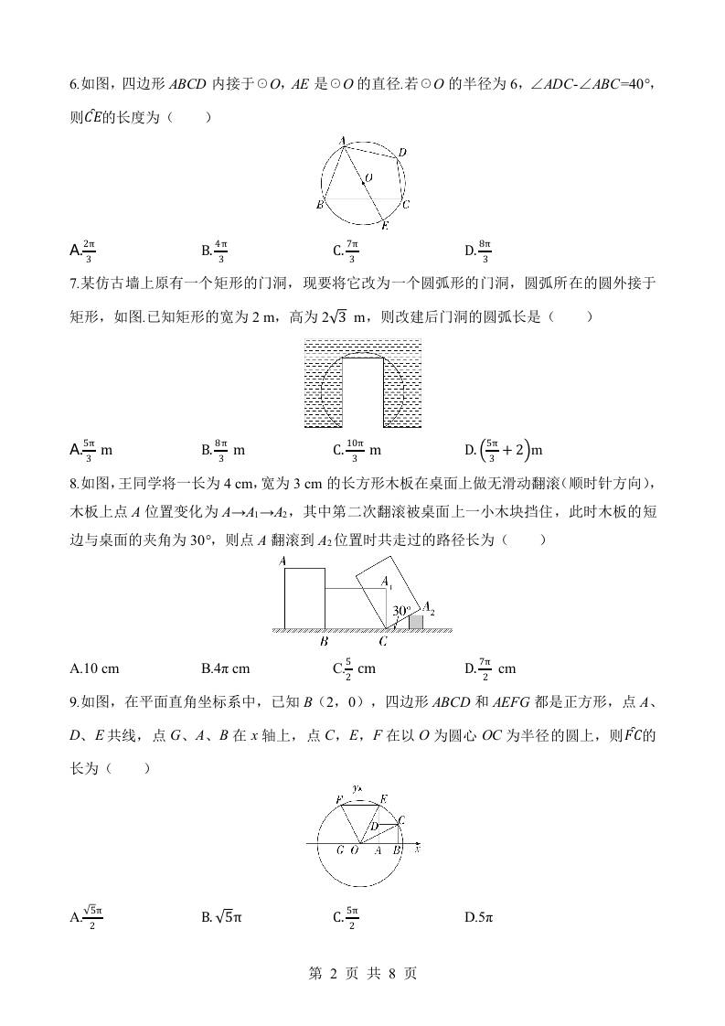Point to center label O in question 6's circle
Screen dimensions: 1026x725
(x=368, y=177)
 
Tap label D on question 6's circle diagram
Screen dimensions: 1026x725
(x=402, y=153)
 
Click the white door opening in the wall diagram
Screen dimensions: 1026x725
(x=363, y=391)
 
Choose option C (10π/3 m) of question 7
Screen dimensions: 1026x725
(x=357, y=450)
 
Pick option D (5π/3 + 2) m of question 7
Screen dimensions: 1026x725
(x=503, y=450)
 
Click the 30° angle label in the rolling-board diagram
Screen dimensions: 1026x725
(x=401, y=610)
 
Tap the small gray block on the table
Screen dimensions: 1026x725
(x=416, y=622)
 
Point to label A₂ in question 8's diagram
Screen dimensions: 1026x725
(x=427, y=607)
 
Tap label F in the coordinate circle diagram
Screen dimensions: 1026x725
(x=339, y=801)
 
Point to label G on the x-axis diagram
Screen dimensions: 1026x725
(x=340, y=850)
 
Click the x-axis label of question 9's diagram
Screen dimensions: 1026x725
(x=416, y=850)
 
